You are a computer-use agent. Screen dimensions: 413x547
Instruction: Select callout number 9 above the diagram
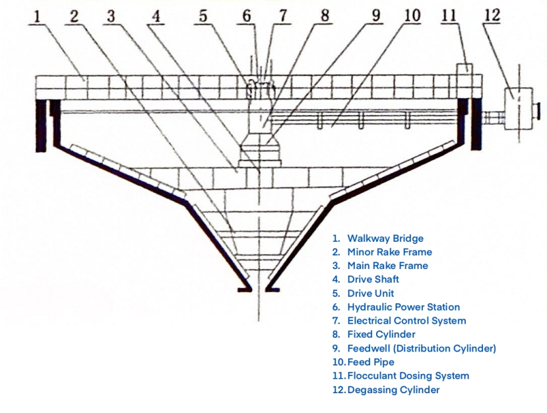click(x=376, y=15)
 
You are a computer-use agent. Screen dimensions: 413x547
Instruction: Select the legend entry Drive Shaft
click(x=373, y=280)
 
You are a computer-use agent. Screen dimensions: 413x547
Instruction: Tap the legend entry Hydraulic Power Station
click(x=403, y=307)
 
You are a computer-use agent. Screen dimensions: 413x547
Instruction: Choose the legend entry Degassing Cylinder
click(x=393, y=390)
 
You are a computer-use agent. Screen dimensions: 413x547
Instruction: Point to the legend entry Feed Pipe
click(x=371, y=362)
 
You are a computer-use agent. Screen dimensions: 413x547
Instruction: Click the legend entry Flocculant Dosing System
click(x=408, y=376)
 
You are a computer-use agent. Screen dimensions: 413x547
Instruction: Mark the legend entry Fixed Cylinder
click(x=381, y=334)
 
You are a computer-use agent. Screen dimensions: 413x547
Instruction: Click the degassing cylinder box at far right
click(x=518, y=102)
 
